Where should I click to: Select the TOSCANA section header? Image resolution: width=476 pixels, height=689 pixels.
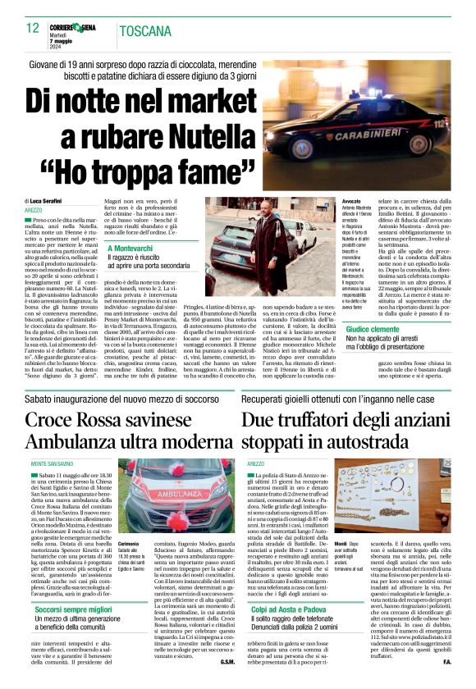tap(144, 31)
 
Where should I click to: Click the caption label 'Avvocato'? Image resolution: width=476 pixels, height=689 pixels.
tap(350, 201)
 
